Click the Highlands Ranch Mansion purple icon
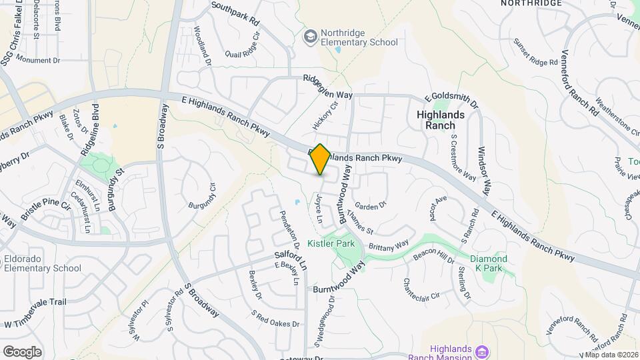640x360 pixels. [483, 351]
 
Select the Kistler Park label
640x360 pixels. [331, 244]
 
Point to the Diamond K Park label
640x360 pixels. [489, 264]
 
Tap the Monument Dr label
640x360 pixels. [38, 60]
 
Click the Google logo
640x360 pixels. [22, 351]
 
